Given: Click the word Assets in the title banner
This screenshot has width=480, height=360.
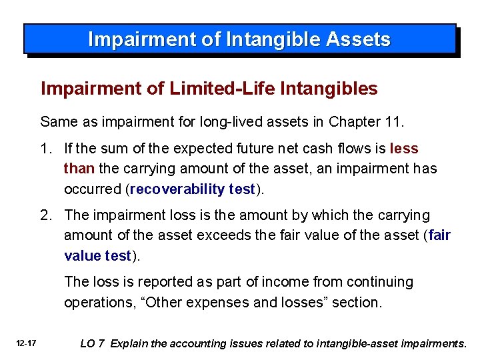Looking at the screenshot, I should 359,39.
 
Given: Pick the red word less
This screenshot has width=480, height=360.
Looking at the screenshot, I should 404,148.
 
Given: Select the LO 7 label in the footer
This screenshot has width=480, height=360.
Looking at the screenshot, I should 92,344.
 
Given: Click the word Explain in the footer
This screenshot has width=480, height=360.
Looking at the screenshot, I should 131,344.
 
